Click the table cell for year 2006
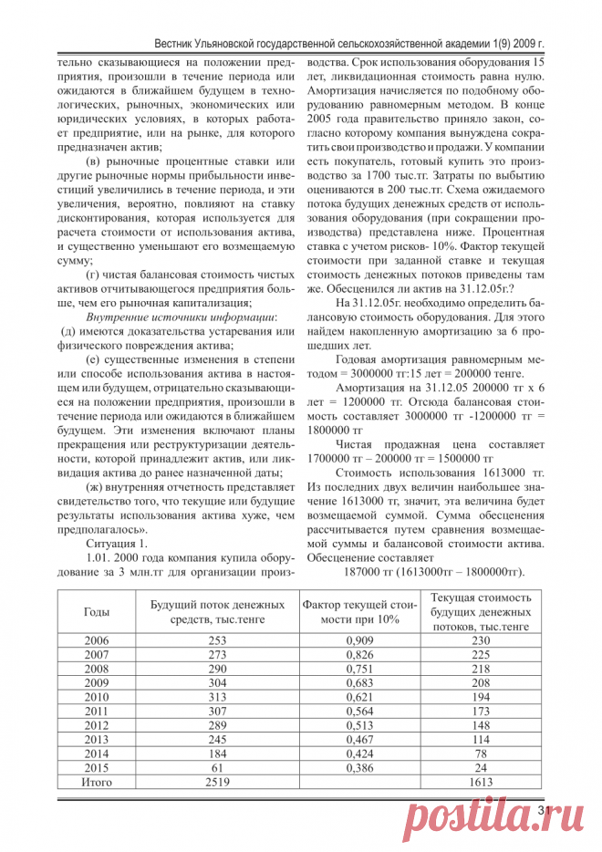coord(96,640)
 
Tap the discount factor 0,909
coord(360,640)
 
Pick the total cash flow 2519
coord(217,782)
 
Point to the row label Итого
coord(97,782)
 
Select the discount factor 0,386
coord(360,768)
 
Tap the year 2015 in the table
coord(96,768)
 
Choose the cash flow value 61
coord(217,768)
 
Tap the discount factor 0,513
coord(360,725)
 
